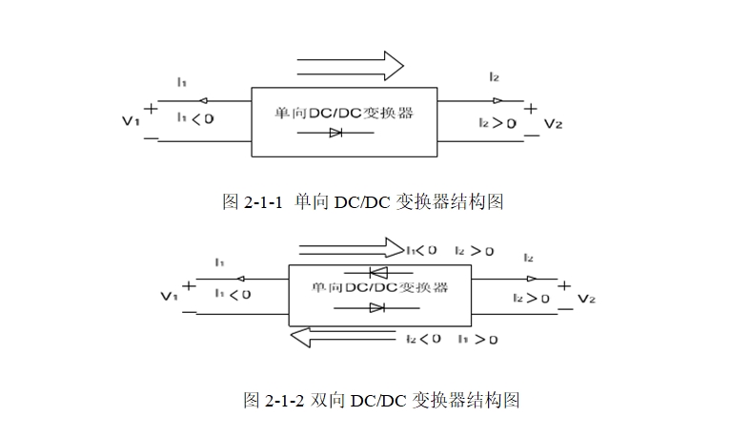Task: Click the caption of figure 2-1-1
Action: pos(362,202)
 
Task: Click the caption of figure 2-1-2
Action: pos(381,400)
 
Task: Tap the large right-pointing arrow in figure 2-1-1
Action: pos(350,65)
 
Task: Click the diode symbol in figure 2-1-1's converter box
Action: pos(335,133)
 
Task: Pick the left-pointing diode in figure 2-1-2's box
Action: pos(376,272)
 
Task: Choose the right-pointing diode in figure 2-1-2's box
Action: pos(376,306)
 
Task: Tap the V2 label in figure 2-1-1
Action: pos(554,123)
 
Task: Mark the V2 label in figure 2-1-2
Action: pos(587,299)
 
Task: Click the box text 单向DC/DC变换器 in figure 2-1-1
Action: pos(343,112)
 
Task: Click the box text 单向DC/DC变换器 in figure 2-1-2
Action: pos(379,287)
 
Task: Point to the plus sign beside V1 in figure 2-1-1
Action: pos(151,108)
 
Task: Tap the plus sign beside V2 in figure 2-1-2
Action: pos(564,284)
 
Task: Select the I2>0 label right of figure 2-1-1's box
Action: pos(497,123)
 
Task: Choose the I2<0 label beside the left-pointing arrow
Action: pos(423,338)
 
